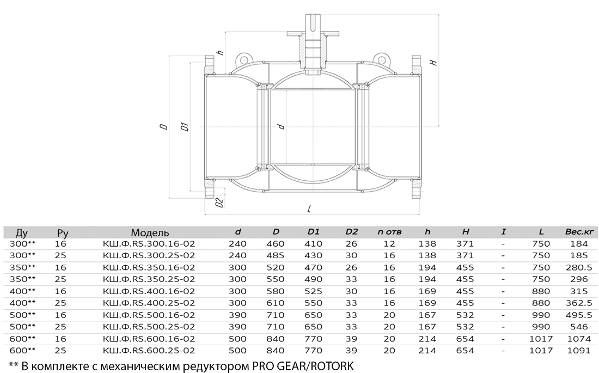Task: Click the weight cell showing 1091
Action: (x=579, y=351)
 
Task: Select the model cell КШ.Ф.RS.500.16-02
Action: (x=149, y=315)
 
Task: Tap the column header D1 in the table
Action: (x=313, y=231)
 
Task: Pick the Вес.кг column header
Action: (x=579, y=231)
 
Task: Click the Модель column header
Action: (x=150, y=233)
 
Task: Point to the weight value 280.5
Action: (x=579, y=267)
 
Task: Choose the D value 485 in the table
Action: (x=276, y=255)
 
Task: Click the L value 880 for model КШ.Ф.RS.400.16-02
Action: (x=541, y=291)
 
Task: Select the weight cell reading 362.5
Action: (x=579, y=303)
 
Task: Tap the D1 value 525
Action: (x=313, y=291)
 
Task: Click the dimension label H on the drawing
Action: (x=433, y=62)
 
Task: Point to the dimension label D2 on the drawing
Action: (x=219, y=203)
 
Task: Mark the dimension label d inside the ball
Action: (x=282, y=126)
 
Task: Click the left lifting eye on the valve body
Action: (x=242, y=59)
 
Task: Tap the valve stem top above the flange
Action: (x=313, y=23)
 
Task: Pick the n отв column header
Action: (x=389, y=231)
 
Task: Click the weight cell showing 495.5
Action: (x=579, y=315)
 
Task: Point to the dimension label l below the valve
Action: (x=309, y=209)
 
